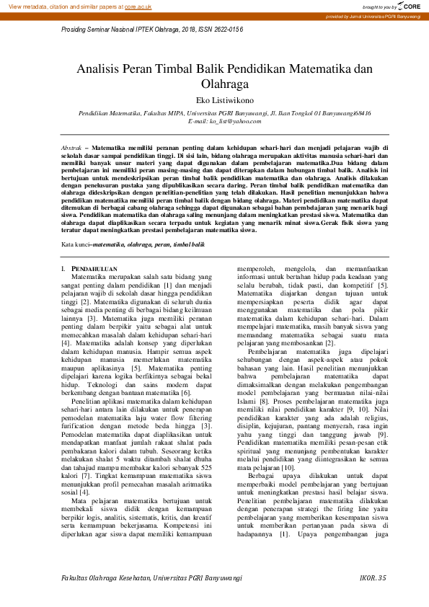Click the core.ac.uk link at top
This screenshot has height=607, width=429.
[x=138, y=6]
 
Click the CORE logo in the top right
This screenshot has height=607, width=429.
[x=407, y=6]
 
